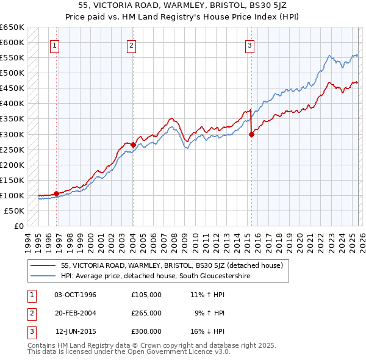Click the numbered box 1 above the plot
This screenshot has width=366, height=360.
click(x=55, y=45)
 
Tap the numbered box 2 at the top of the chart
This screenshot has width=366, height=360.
click(x=132, y=45)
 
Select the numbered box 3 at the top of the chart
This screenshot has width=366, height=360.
click(x=250, y=45)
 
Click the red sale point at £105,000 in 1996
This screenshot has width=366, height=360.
click(x=56, y=193)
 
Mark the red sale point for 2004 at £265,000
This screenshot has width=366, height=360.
click(x=133, y=145)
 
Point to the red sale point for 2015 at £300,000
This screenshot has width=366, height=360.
click(x=251, y=135)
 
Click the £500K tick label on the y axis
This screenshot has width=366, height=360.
click(x=12, y=73)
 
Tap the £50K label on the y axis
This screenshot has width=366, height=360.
click(x=15, y=211)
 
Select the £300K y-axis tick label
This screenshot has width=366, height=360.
click(x=12, y=134)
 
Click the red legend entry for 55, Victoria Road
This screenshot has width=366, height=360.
click(x=171, y=265)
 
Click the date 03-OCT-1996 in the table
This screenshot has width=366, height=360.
click(x=75, y=295)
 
